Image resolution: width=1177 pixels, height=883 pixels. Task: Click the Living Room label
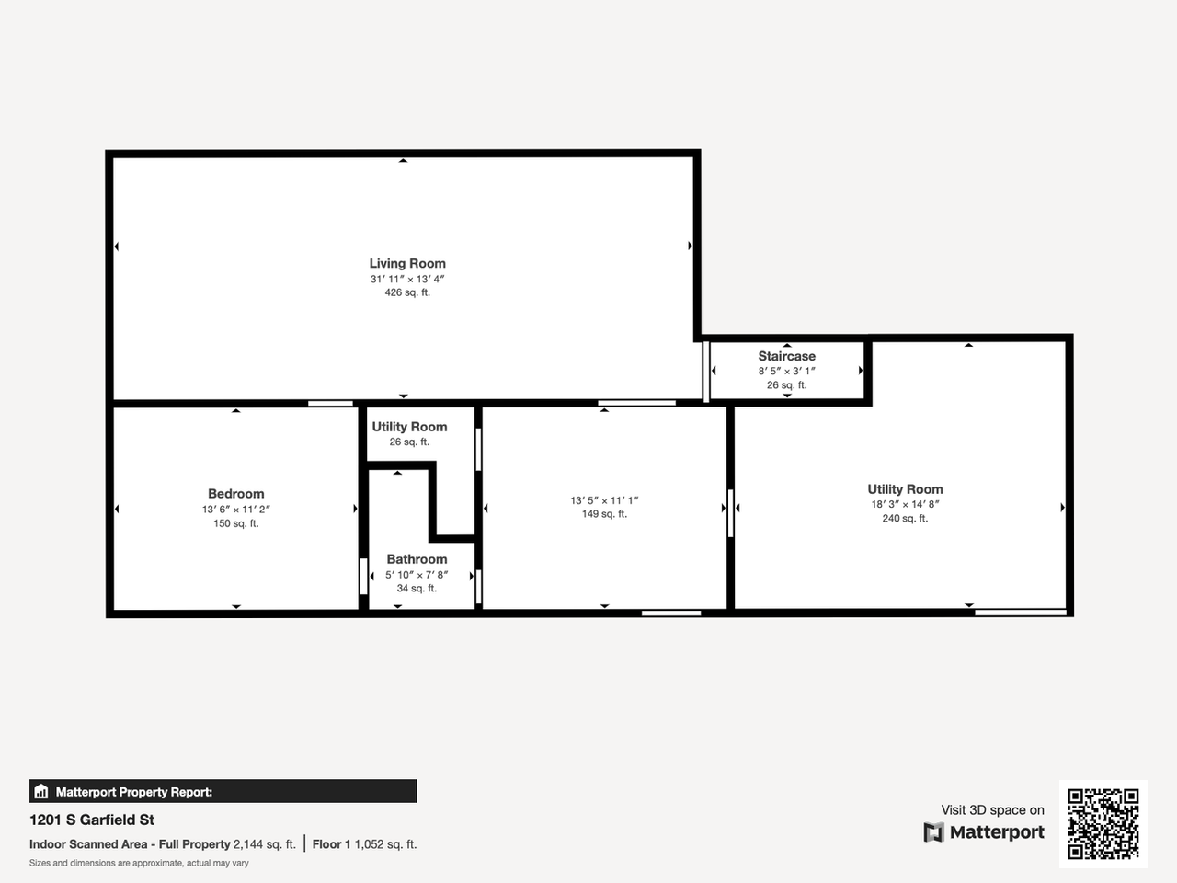pyautogui.click(x=407, y=264)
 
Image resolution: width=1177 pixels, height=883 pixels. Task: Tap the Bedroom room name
pyautogui.click(x=235, y=494)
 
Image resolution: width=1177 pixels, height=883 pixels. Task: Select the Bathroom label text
pyautogui.click(x=417, y=559)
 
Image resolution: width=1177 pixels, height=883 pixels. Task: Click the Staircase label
pyautogui.click(x=786, y=356)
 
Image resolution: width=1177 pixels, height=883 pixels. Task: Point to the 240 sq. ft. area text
pyautogui.click(x=905, y=519)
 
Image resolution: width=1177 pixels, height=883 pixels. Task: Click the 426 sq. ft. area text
pyautogui.click(x=407, y=292)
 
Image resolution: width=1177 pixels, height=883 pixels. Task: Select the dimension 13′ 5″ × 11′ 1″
pyautogui.click(x=604, y=500)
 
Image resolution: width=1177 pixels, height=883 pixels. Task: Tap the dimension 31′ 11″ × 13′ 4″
pyautogui.click(x=407, y=279)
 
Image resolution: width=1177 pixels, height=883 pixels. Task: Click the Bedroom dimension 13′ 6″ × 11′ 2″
pyautogui.click(x=235, y=510)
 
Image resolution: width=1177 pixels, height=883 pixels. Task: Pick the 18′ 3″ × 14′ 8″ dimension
pyautogui.click(x=905, y=504)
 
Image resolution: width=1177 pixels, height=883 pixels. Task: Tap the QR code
pyautogui.click(x=1103, y=823)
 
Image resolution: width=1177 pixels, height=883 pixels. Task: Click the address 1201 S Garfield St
pyautogui.click(x=92, y=820)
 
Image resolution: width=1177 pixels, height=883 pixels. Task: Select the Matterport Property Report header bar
pyautogui.click(x=223, y=791)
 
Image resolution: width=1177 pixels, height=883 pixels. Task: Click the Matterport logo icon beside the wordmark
pyautogui.click(x=933, y=832)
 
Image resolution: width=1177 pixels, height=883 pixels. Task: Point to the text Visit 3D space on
pyautogui.click(x=992, y=810)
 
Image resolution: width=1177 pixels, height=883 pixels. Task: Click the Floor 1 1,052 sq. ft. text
pyautogui.click(x=364, y=844)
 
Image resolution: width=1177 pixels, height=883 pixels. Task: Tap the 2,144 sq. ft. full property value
pyautogui.click(x=265, y=844)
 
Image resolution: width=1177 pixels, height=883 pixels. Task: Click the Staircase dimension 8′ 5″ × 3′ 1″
pyautogui.click(x=786, y=372)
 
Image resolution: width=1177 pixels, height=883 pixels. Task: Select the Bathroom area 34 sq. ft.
pyautogui.click(x=417, y=589)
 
